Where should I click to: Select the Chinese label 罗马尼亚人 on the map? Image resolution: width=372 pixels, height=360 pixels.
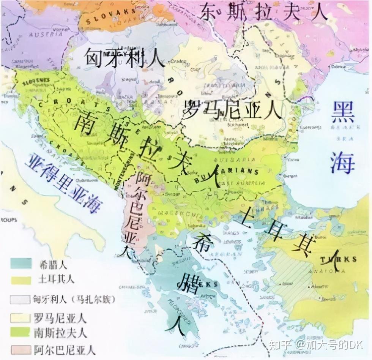coord(232,110)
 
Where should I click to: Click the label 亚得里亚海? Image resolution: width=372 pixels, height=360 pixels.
coord(63,184)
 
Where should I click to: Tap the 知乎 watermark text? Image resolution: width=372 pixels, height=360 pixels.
coord(280,345)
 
